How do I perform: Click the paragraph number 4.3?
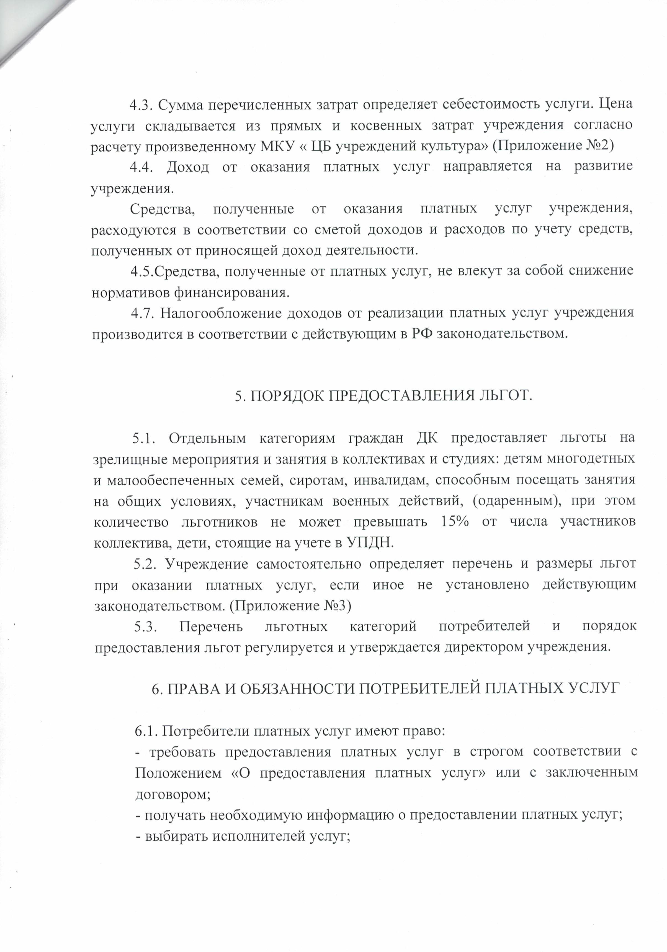click(142, 104)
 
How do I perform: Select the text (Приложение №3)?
click(290, 606)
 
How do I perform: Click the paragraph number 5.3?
click(145, 626)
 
